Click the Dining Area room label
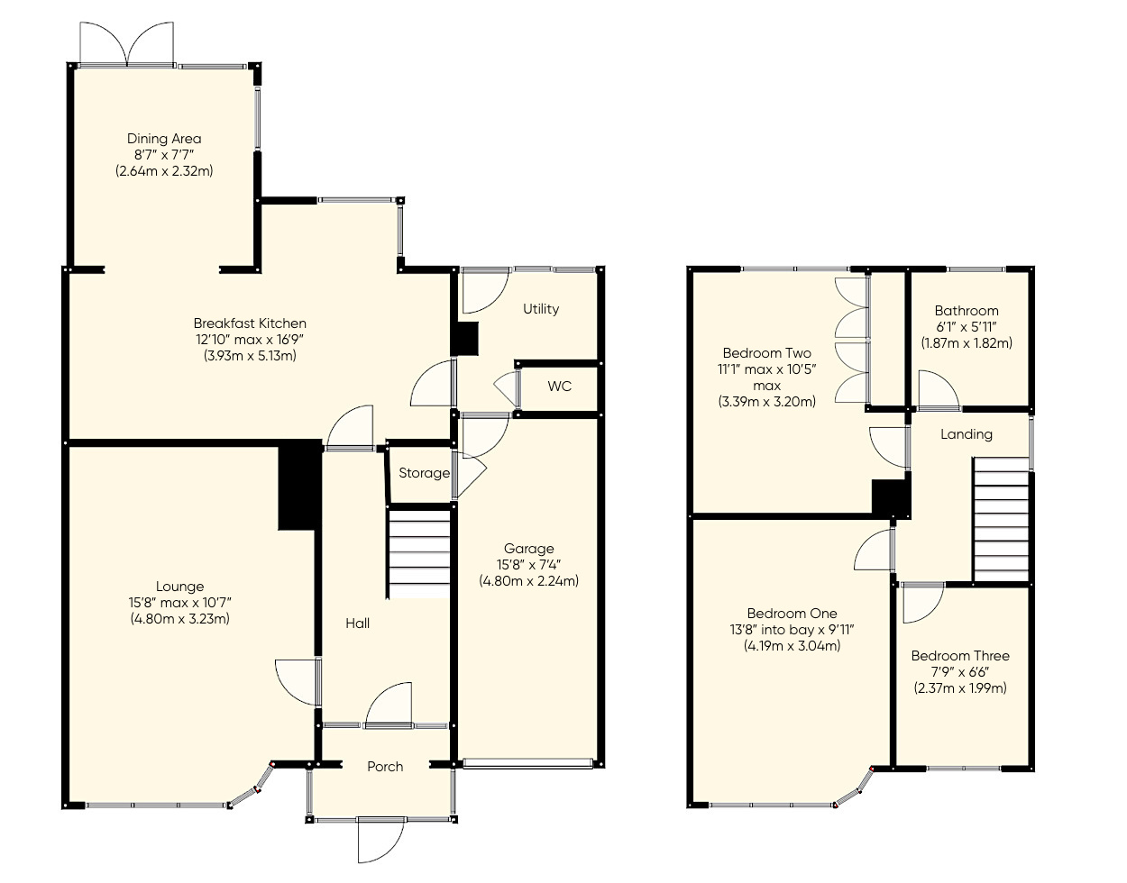(x=164, y=139)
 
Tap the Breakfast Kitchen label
(x=250, y=323)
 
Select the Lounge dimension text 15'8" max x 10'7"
(x=179, y=603)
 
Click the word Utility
(x=541, y=309)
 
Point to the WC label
(x=559, y=387)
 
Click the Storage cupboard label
(x=424, y=473)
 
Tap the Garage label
(x=528, y=549)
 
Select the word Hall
(x=357, y=624)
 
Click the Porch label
(x=385, y=767)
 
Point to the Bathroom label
(x=967, y=311)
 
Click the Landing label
(x=967, y=434)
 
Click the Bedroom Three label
(x=960, y=656)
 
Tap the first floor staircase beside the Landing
(x=1001, y=521)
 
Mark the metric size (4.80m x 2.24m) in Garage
(x=528, y=581)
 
